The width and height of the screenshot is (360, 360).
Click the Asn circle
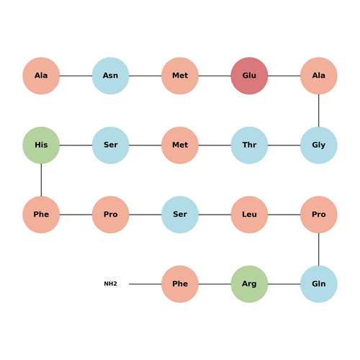click(110, 76)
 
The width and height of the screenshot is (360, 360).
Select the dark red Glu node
click(249, 76)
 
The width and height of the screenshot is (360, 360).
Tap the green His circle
click(41, 145)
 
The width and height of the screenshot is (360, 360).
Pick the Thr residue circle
click(249, 145)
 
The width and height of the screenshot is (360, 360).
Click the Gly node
click(319, 145)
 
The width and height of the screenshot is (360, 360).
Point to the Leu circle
click(249, 215)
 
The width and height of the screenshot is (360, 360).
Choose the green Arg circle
click(249, 284)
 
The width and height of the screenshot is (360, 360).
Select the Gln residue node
click(319, 284)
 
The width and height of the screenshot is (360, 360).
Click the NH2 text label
click(110, 284)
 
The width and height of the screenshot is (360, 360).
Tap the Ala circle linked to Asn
click(41, 76)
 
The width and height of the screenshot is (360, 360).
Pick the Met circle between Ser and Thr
click(180, 145)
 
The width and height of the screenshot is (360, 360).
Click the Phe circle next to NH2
click(180, 284)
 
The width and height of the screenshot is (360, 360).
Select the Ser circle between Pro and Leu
click(180, 215)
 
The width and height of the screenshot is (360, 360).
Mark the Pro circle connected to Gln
click(319, 215)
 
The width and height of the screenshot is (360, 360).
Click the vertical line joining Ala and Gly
click(319, 110)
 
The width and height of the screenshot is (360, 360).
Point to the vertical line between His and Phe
click(41, 180)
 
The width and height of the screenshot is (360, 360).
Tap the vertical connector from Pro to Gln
click(319, 249)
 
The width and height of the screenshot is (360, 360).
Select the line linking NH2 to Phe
click(145, 284)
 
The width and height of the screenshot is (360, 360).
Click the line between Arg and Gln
click(284, 284)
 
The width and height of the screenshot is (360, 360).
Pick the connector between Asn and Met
click(145, 76)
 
